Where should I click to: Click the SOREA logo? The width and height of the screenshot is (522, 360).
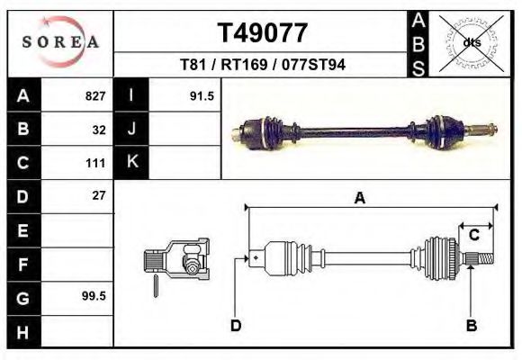[x=60, y=42]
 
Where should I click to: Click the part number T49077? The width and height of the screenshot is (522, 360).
[x=263, y=33]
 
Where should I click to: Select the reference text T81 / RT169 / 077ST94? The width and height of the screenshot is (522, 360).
[x=263, y=65]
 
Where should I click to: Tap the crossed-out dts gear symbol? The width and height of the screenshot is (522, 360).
[x=469, y=41]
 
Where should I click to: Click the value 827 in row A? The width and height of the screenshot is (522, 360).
[x=94, y=96]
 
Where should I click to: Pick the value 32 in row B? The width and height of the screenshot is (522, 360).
[x=98, y=130]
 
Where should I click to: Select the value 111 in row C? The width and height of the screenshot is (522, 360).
[x=96, y=163]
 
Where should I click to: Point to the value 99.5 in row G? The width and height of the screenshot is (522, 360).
[x=94, y=296]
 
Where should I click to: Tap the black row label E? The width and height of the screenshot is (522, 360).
[x=22, y=230]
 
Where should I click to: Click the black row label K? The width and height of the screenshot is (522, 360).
[x=131, y=163]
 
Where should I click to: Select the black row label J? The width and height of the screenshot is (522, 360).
[x=131, y=130]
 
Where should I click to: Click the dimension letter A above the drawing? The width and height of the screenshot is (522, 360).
[x=360, y=199]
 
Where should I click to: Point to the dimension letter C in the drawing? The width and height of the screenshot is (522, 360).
[x=473, y=235]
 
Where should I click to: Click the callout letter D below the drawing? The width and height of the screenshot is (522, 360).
[x=236, y=325]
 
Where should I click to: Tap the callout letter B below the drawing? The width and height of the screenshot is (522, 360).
[x=471, y=325]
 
